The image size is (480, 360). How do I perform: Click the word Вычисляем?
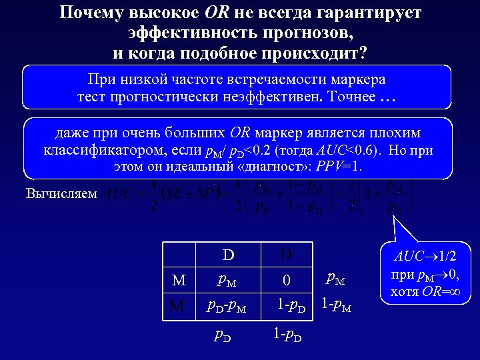[61, 194]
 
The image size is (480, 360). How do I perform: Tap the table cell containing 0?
[285, 281]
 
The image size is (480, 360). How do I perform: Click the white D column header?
[228, 256]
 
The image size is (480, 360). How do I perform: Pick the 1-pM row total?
[337, 307]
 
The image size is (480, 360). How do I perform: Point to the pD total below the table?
[224, 336]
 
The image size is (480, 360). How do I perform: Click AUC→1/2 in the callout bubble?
[425, 257]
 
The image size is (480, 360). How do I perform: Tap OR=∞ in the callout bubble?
[443, 291]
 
